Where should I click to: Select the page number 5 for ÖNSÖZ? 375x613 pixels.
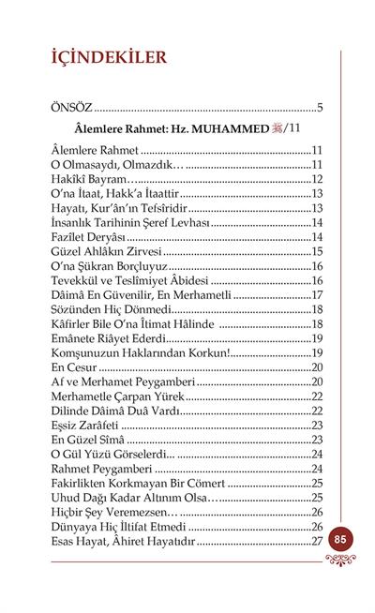pyautogui.click(x=320, y=106)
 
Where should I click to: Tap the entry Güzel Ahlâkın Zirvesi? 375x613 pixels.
pyautogui.click(x=106, y=251)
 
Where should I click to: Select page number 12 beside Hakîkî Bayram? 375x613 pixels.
pyautogui.click(x=316, y=179)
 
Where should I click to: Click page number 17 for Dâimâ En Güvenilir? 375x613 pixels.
pyautogui.click(x=316, y=294)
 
